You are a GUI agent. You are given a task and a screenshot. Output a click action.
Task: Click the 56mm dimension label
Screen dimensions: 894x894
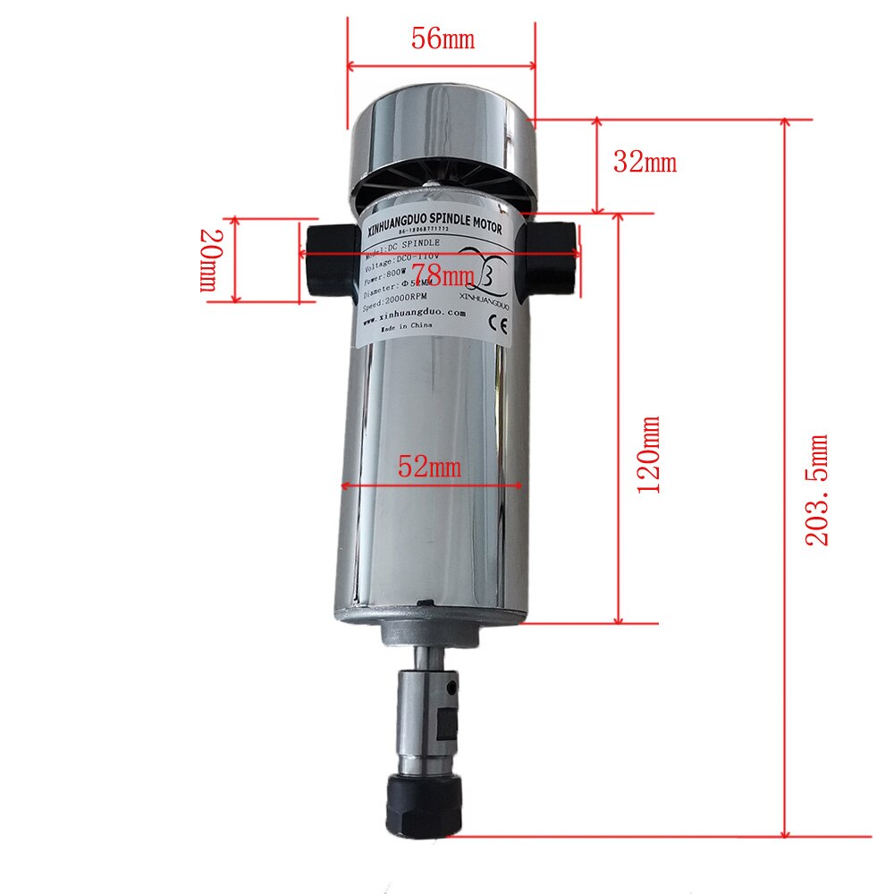pos(443,38)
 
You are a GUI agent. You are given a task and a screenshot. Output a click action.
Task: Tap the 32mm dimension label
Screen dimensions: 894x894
pos(644,162)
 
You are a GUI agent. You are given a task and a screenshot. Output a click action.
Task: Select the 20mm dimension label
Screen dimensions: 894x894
pos(207,259)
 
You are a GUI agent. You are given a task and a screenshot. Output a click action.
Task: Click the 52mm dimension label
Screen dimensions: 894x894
pos(430,467)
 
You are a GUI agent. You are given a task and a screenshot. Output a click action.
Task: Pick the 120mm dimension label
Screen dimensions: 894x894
pos(648,454)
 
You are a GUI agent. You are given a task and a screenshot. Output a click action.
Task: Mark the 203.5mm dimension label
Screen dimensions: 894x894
pos(817,490)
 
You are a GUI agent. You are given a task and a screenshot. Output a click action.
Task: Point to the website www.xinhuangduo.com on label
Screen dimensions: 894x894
pos(414,314)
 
